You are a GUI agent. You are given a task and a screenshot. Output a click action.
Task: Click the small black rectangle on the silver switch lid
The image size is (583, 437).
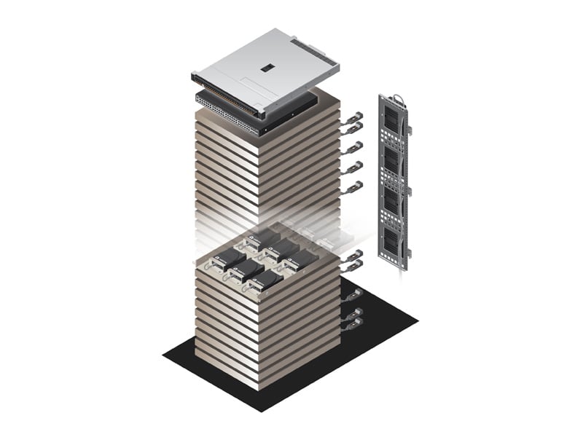267,67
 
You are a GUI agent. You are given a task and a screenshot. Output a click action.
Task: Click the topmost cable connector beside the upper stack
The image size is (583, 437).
354,117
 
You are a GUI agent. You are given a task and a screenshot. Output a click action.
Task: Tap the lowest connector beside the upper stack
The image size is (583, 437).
354,188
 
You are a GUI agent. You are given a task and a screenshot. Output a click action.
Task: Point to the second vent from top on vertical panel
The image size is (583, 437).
392,162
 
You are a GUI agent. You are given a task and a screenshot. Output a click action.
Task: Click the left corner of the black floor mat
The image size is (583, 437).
164,355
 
